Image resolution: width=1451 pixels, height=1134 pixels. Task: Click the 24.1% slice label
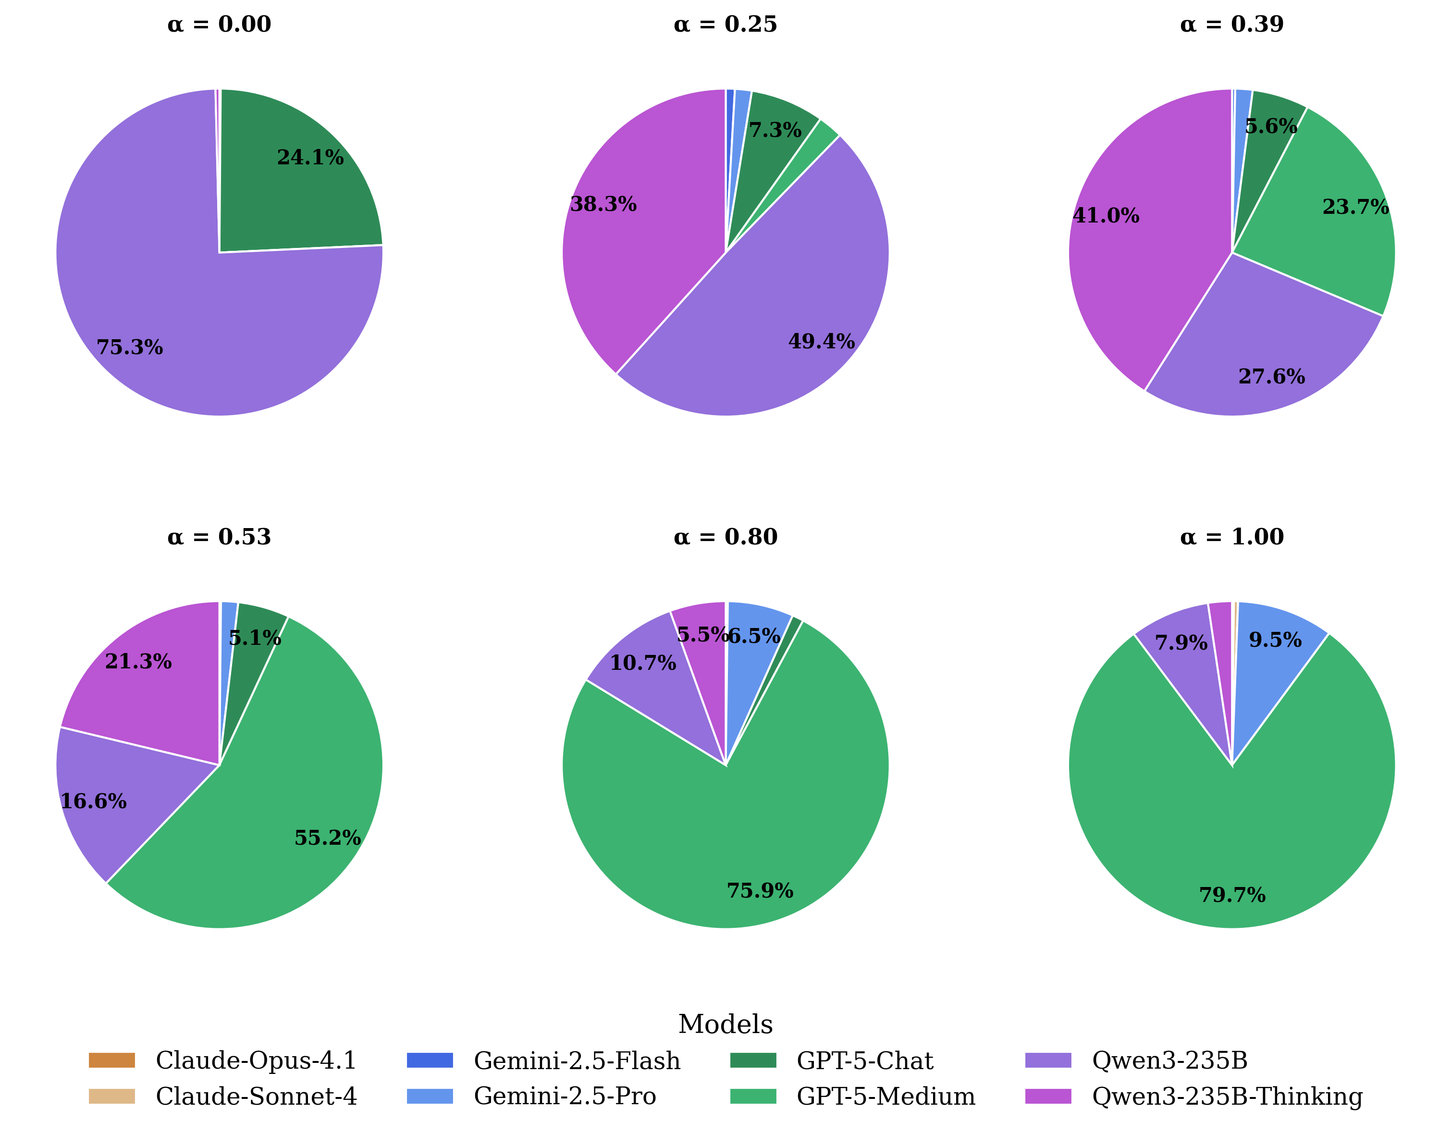click(310, 158)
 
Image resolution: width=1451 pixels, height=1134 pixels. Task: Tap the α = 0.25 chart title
click(725, 25)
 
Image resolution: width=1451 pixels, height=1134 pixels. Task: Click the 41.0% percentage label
click(1106, 216)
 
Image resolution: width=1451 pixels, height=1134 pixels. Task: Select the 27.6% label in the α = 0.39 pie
click(1272, 377)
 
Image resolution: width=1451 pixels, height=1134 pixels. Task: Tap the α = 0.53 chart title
click(219, 537)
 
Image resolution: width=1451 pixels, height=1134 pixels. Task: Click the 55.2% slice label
click(328, 838)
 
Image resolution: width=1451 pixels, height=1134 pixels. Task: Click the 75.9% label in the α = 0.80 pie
click(760, 891)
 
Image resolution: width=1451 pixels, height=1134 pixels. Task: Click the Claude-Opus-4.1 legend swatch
click(111, 1061)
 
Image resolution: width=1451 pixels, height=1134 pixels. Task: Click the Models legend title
click(725, 1024)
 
